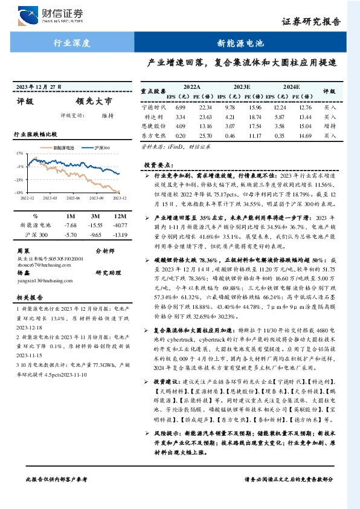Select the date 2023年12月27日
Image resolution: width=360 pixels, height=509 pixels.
coord(40,87)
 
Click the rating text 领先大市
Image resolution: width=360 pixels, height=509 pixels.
coord(94,102)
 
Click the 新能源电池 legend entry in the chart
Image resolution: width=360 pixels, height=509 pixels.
coord(60,148)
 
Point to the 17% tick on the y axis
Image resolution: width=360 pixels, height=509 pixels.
coord(20,154)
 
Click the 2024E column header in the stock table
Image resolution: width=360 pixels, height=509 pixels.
coord(291,87)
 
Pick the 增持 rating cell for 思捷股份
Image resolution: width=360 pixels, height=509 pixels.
coord(329,126)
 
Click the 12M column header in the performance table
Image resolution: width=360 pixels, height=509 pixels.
coord(120,216)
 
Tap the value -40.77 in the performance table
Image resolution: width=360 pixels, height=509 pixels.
coord(120,225)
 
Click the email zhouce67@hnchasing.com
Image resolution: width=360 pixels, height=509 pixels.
coord(42,265)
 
